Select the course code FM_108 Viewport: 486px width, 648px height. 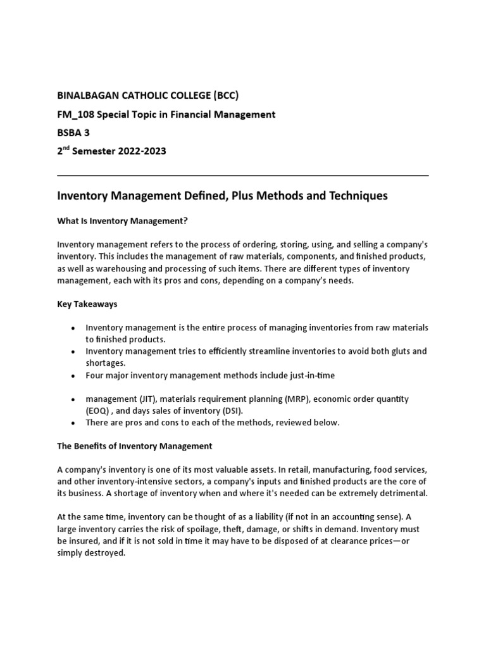(75, 115)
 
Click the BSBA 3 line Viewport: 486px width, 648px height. (75, 133)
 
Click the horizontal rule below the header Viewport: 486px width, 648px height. (242, 175)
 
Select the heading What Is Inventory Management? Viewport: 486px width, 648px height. (123, 221)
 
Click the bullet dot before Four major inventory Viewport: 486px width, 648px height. (73, 376)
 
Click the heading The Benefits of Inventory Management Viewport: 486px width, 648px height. (134, 446)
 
